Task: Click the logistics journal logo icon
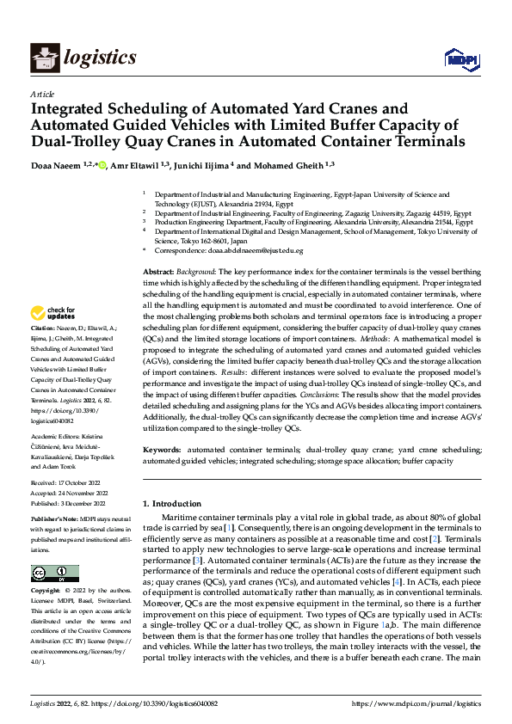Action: (43, 58)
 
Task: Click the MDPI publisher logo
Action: (460, 58)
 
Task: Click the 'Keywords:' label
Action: (162, 450)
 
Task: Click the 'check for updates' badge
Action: (55, 314)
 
